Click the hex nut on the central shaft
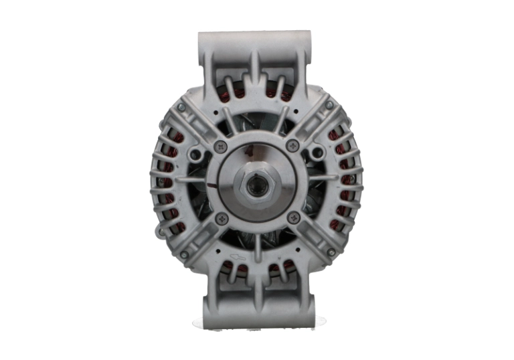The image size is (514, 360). coord(257,185)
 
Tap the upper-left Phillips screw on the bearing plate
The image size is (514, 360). coord(222,146)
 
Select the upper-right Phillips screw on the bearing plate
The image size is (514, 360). coord(292,145)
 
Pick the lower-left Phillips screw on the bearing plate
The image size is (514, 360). coord(222,217)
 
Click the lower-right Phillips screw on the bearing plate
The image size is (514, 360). coord(292,217)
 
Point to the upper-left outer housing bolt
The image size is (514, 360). coord(181,107)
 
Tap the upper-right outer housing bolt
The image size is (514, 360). coord(329,105)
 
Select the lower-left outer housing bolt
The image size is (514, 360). coord(184,255)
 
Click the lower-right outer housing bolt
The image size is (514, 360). coord(331,252)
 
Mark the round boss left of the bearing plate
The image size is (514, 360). coord(195,155)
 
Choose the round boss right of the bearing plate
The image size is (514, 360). coord(318,153)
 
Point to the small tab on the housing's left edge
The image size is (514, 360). coord(160,232)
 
